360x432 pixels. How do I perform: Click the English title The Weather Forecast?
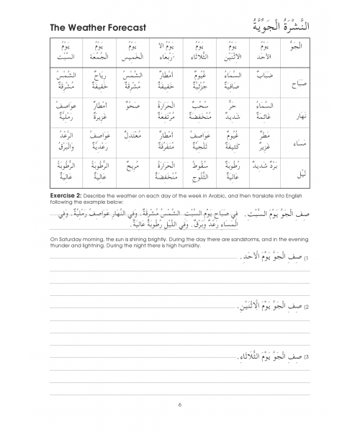click(98, 28)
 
